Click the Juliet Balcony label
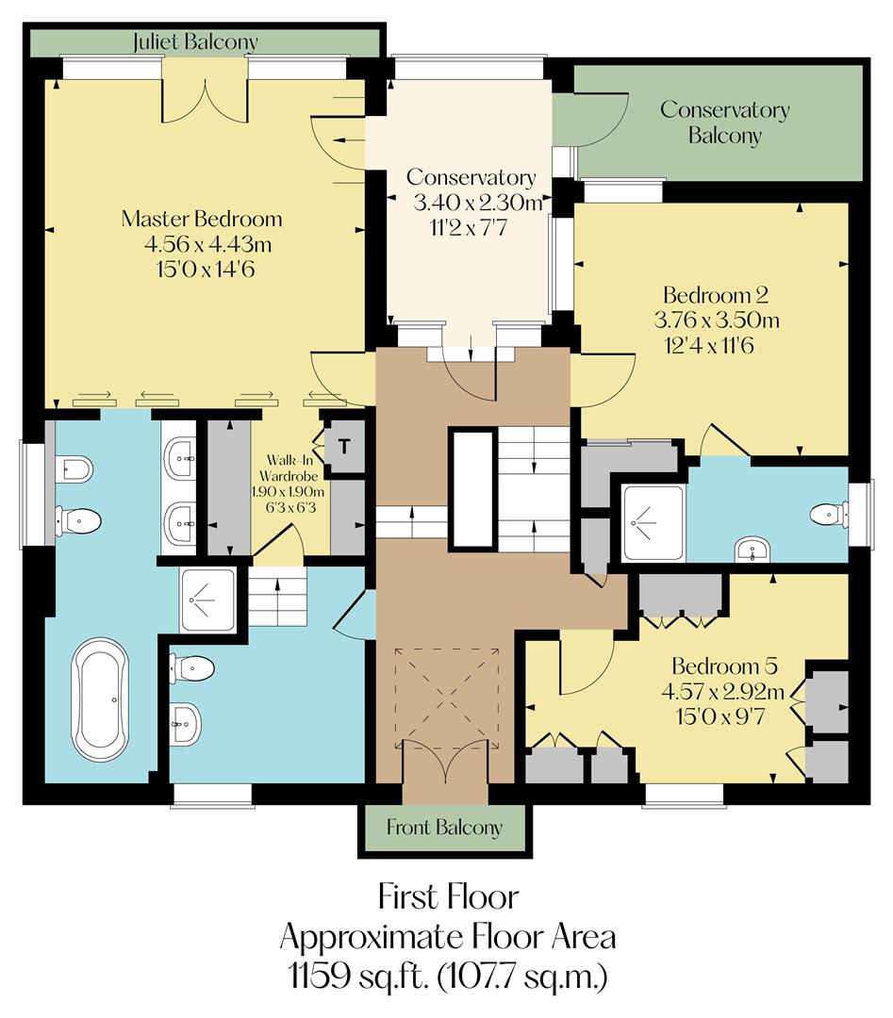(x=195, y=42)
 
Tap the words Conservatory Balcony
(x=724, y=122)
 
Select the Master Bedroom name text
(x=202, y=220)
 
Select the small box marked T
(x=345, y=447)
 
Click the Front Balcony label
(x=444, y=829)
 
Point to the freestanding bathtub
(x=101, y=698)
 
